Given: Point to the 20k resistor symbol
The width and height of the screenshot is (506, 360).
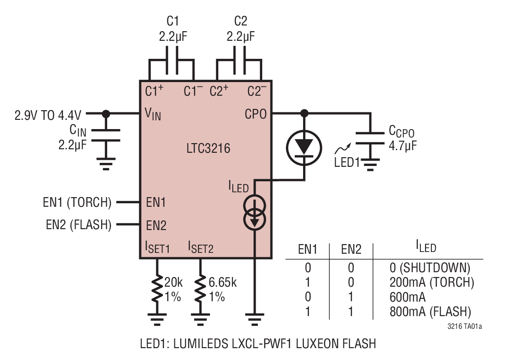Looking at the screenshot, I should [157, 288].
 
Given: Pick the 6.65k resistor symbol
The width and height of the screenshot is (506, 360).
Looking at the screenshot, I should [200, 288].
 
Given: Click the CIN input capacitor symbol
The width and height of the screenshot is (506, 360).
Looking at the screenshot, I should [105, 135].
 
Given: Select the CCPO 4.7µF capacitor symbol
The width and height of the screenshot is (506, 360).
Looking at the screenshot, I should [370, 137].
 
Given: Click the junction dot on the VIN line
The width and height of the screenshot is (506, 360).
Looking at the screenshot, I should [105, 114].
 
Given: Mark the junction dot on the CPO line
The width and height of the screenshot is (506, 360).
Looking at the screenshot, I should [304, 114].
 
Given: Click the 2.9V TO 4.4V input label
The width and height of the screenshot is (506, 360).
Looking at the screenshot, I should [48, 115].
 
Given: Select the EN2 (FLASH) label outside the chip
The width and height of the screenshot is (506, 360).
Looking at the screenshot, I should [79, 225].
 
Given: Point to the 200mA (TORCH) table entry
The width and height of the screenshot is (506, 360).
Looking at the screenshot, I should [432, 282].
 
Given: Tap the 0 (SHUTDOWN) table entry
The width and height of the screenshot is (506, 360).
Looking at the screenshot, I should [430, 267].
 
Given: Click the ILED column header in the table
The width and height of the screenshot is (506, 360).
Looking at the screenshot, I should [426, 248].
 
